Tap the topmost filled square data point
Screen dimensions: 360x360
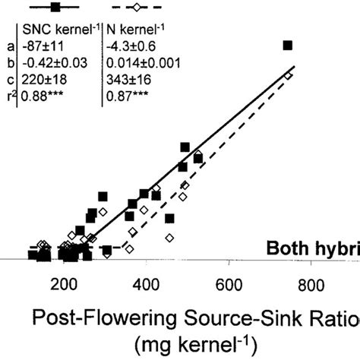click(x=288, y=46)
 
